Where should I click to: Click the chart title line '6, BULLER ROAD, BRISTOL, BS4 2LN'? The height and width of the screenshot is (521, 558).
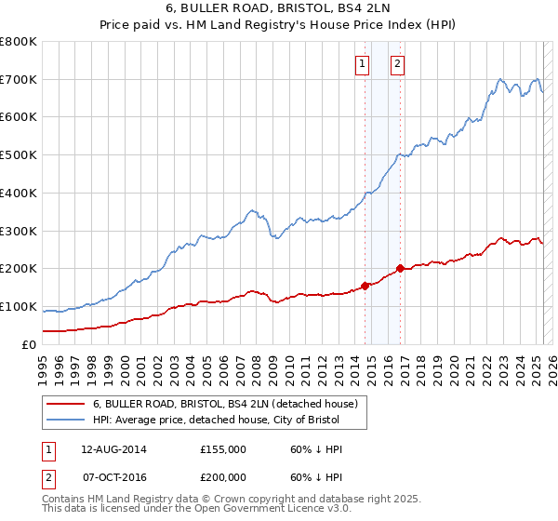[x=279, y=10]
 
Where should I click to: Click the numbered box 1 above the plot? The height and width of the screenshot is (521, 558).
[x=361, y=64]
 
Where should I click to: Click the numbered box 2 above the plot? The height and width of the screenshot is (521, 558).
[x=397, y=64]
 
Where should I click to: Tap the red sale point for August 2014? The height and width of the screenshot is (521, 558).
[x=365, y=286]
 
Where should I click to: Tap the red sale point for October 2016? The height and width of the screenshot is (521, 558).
[x=400, y=269]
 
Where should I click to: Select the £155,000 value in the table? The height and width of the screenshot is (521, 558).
[x=222, y=449]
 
